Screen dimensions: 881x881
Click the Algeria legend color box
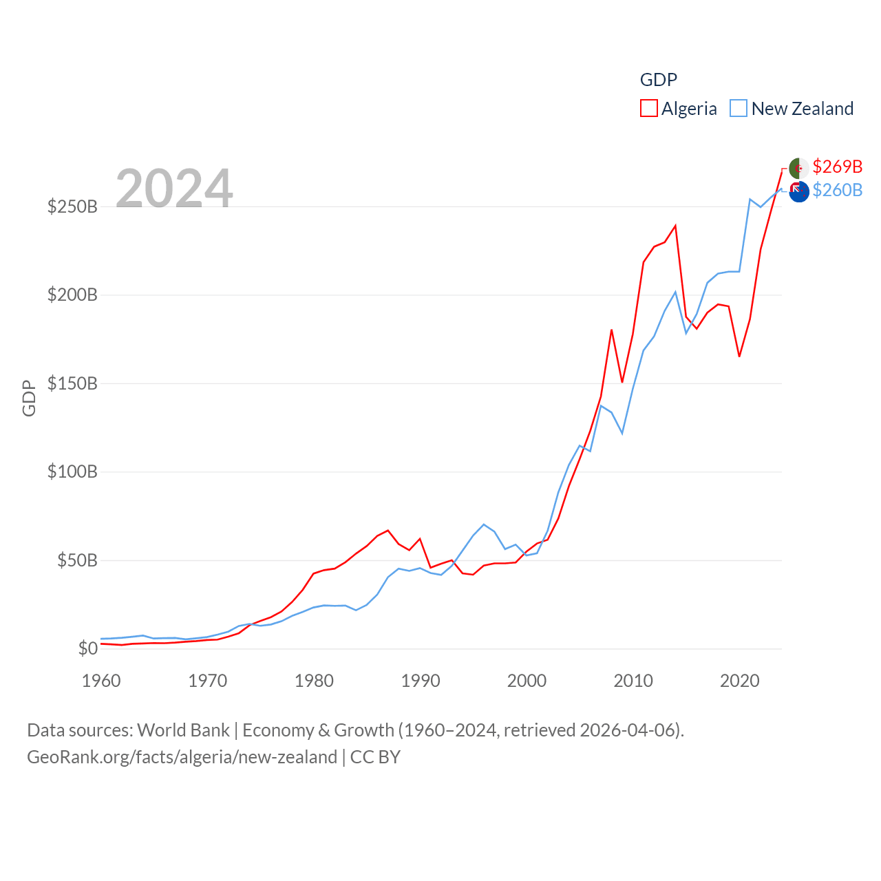pyautogui.click(x=648, y=109)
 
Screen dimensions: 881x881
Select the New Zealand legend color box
pyautogui.click(x=739, y=109)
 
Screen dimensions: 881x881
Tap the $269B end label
pyautogui.click(x=837, y=167)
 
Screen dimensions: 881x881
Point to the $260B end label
pyautogui.click(x=837, y=190)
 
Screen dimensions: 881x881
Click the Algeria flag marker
pyautogui.click(x=798, y=168)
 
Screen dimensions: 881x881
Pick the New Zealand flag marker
pyautogui.click(x=798, y=192)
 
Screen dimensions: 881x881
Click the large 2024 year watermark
pyautogui.click(x=174, y=188)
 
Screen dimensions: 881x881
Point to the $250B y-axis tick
pyautogui.click(x=72, y=206)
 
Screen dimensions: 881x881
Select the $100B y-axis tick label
pyautogui.click(x=72, y=471)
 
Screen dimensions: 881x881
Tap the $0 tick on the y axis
pyautogui.click(x=87, y=648)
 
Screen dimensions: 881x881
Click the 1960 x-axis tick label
pyautogui.click(x=101, y=681)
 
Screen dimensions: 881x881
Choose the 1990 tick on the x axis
pyautogui.click(x=421, y=681)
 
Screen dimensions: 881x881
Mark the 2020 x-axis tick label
pyautogui.click(x=739, y=681)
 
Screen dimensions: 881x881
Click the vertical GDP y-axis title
pyautogui.click(x=29, y=398)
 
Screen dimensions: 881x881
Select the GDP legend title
pyautogui.click(x=659, y=80)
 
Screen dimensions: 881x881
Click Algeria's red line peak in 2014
pyautogui.click(x=675, y=226)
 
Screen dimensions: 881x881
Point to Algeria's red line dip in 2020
pyautogui.click(x=739, y=356)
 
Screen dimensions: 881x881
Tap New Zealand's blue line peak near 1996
pyautogui.click(x=484, y=524)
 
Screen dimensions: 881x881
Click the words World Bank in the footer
pyautogui.click(x=183, y=730)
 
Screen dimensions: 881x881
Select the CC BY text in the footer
pyautogui.click(x=375, y=757)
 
